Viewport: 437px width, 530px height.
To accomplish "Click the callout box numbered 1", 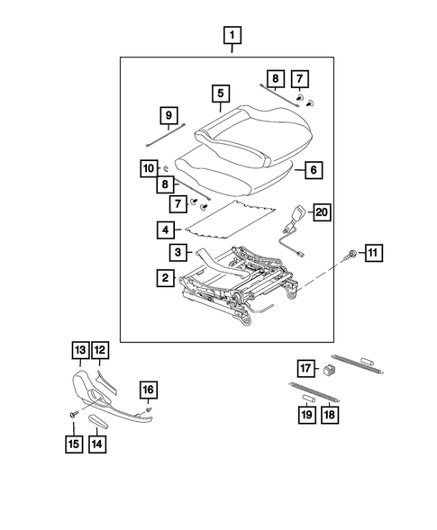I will pos(233,37).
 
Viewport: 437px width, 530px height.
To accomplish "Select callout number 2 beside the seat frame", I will pos(166,279).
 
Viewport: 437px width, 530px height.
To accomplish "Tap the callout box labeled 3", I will pos(179,253).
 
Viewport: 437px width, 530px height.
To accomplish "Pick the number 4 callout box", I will pos(166,230).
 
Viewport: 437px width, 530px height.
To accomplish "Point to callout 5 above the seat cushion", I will pos(219,93).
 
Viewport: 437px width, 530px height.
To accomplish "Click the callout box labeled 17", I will pos(305,367).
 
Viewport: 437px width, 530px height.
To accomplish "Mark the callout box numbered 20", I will pos(321,212).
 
